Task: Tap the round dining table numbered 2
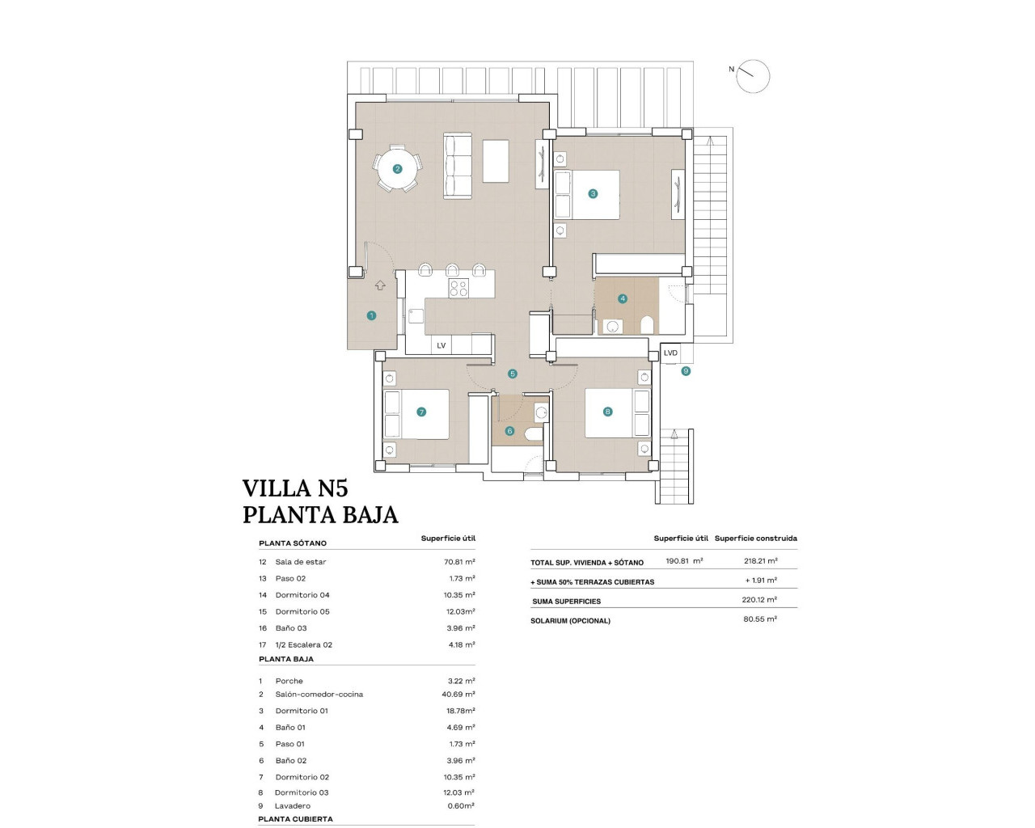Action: pyautogui.click(x=397, y=169)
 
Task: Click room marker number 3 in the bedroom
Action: pyautogui.click(x=593, y=193)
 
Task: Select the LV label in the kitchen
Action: pyautogui.click(x=441, y=345)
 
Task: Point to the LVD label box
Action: pyautogui.click(x=670, y=353)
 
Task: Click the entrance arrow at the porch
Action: pyautogui.click(x=380, y=285)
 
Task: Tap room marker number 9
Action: pyautogui.click(x=686, y=371)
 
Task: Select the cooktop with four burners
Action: pyautogui.click(x=459, y=289)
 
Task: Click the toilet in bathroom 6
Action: pyautogui.click(x=534, y=435)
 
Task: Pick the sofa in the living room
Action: pyautogui.click(x=458, y=165)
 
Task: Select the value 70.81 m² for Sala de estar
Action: pyautogui.click(x=459, y=561)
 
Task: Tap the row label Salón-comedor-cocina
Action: pyautogui.click(x=319, y=695)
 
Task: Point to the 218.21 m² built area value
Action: pyautogui.click(x=761, y=560)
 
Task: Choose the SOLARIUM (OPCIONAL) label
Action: pyautogui.click(x=570, y=621)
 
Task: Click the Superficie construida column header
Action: pyautogui.click(x=756, y=538)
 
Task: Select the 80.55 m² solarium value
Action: pyautogui.click(x=760, y=619)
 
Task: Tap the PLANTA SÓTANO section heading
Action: pyautogui.click(x=293, y=543)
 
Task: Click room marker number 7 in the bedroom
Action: pyautogui.click(x=421, y=412)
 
